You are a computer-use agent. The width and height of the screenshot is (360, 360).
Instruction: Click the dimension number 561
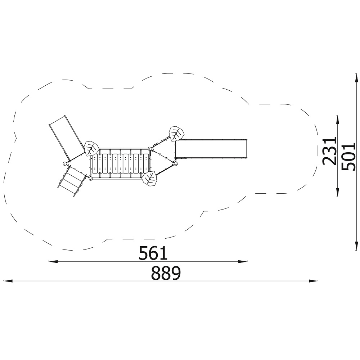click(x=153, y=253)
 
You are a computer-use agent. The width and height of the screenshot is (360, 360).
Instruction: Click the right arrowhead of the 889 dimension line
click(x=314, y=281)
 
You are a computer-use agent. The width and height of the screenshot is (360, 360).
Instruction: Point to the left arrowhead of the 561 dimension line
click(x=53, y=261)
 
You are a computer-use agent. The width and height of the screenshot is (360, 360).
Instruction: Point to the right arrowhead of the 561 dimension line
click(x=243, y=261)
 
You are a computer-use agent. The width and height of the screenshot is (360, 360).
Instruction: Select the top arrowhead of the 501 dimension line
click(x=356, y=78)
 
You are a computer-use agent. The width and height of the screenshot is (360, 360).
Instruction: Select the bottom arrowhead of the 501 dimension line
click(x=356, y=246)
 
